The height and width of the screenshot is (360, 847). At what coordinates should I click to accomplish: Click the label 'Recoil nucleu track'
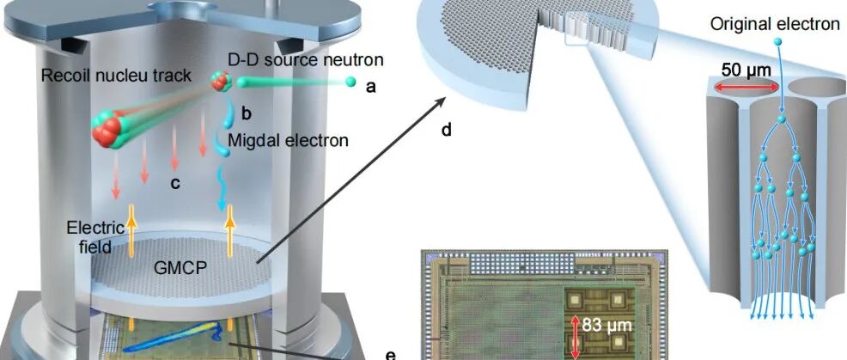coord(116,76)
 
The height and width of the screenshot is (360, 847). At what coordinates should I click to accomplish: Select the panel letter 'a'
coord(370,86)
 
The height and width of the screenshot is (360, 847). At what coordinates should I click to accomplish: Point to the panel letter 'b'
coord(245,112)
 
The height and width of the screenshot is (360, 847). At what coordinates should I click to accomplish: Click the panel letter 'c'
coord(174,181)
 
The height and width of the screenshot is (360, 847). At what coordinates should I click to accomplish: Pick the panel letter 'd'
coord(446,131)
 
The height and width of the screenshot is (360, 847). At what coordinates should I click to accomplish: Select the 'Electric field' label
coord(93,236)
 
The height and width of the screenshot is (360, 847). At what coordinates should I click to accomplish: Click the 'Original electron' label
coord(774,24)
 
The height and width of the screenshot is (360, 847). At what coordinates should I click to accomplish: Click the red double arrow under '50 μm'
coord(745,86)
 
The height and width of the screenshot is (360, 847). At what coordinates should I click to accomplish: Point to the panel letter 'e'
coord(391,354)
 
